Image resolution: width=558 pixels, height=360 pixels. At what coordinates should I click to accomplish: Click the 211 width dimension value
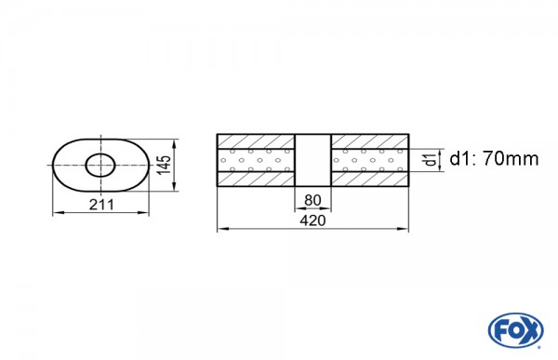click(x=100, y=205)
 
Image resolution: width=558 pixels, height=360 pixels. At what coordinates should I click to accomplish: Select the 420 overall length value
click(x=312, y=220)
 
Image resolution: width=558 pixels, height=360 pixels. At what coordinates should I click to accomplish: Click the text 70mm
click(x=510, y=159)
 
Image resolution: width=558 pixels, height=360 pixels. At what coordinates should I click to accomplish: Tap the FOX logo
click(x=511, y=329)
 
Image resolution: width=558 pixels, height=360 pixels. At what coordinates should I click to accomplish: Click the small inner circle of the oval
click(x=100, y=166)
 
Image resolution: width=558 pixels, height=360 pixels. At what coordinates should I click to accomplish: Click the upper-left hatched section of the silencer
click(x=256, y=140)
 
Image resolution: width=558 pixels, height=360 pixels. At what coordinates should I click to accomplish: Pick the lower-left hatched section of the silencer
click(x=256, y=182)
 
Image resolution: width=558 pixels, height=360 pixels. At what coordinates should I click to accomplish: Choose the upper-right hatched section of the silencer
click(x=369, y=140)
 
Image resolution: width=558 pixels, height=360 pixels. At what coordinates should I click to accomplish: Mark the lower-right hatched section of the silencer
click(x=369, y=182)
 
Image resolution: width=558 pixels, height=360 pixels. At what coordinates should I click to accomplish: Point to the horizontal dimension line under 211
click(x=100, y=214)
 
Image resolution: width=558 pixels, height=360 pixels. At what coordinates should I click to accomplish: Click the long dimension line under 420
click(x=312, y=229)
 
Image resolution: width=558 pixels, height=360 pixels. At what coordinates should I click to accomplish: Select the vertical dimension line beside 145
click(x=177, y=166)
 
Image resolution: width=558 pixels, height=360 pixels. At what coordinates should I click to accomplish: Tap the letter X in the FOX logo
click(x=526, y=329)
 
